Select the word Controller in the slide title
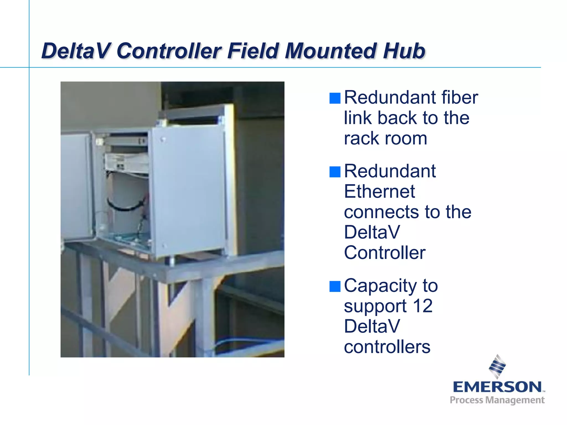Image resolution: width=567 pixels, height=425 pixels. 169,51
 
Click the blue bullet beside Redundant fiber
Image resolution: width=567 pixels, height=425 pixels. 335,98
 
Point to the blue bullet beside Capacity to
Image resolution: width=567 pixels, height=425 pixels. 335,286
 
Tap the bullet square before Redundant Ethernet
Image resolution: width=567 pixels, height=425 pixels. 335,172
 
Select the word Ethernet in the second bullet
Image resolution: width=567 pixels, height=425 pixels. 379,191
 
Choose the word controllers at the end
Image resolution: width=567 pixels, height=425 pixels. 387,347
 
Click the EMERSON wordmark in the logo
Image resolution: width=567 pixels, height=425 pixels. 497,387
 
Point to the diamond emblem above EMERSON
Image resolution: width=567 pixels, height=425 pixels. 497,366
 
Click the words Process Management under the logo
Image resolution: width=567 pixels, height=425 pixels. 497,400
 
